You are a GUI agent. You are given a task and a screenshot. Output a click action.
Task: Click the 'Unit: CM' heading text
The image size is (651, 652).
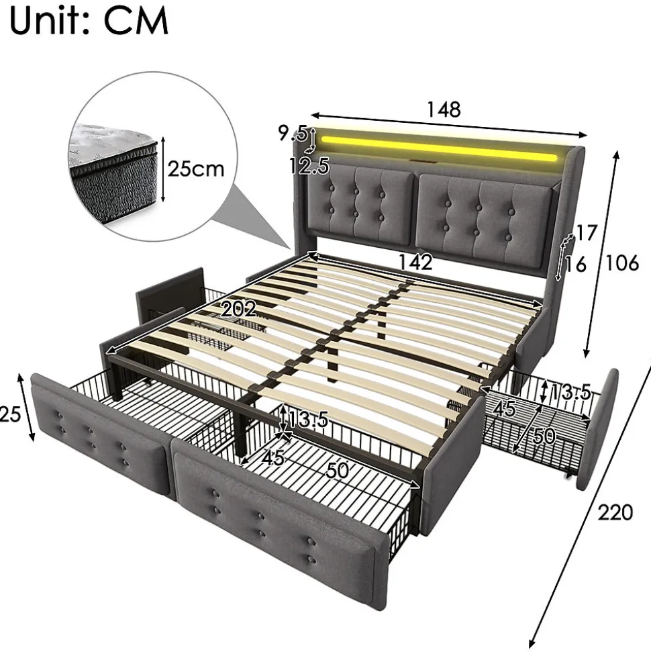pyautogui.click(x=89, y=20)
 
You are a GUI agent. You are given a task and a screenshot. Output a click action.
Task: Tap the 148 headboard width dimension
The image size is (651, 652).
pyautogui.click(x=444, y=109)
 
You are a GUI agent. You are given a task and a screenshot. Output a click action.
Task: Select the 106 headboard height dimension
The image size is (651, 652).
pyautogui.click(x=622, y=263)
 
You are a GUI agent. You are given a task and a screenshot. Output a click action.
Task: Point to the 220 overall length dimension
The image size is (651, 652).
pyautogui.click(x=615, y=512)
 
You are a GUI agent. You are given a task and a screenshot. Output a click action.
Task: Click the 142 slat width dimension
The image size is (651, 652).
pyautogui.click(x=415, y=262)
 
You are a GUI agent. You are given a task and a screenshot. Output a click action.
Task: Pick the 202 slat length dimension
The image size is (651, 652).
pyautogui.click(x=239, y=309)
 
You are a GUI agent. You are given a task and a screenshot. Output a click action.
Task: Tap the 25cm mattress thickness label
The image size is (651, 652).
pyautogui.click(x=196, y=169)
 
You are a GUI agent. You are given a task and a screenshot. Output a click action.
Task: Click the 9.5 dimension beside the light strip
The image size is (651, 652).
pyautogui.click(x=293, y=133)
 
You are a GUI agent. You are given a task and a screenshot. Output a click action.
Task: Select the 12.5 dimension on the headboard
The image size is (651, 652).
pyautogui.click(x=309, y=166)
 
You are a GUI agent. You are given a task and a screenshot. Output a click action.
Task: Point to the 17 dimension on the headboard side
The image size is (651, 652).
pyautogui.click(x=587, y=233)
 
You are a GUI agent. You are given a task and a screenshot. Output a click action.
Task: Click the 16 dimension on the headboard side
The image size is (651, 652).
pyautogui.click(x=576, y=265)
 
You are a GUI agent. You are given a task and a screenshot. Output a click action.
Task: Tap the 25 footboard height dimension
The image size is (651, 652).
pyautogui.click(x=10, y=414)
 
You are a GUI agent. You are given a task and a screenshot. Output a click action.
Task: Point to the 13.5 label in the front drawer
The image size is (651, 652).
pyautogui.click(x=308, y=420)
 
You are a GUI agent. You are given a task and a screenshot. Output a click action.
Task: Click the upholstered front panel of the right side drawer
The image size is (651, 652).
pyautogui.click(x=597, y=429)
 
